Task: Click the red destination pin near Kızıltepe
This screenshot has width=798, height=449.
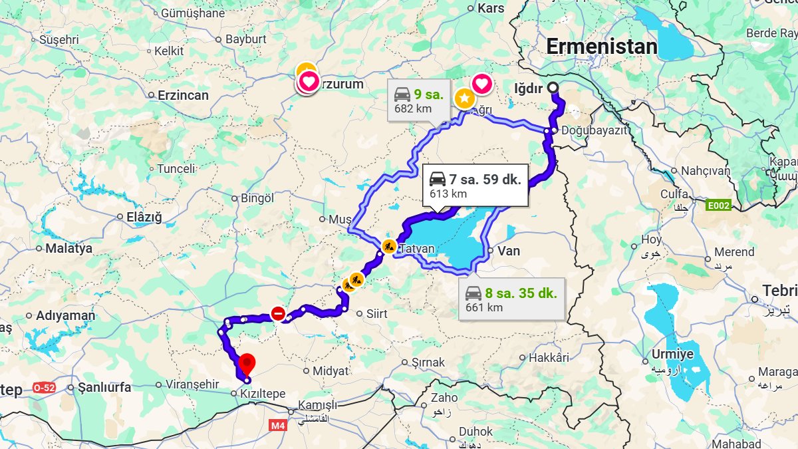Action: coord(247,364)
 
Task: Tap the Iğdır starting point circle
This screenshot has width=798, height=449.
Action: coord(553,88)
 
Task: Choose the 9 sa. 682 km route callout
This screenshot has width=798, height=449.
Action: coord(419,101)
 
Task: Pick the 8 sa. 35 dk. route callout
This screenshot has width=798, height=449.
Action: coord(511,299)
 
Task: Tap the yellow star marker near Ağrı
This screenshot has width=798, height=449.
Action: coord(464,98)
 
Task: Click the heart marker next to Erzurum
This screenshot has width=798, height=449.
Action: coord(308,82)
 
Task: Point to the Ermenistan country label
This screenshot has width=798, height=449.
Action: coord(601,47)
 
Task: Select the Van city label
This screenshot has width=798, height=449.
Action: coord(509,251)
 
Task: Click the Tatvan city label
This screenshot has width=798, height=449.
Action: coord(416,249)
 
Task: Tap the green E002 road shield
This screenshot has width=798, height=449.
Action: coord(718,206)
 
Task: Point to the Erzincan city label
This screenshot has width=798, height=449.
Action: coord(183,95)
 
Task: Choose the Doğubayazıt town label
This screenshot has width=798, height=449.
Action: coord(594,130)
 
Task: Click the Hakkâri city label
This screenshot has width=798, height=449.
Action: coord(549,358)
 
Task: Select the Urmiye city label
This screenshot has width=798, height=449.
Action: coord(672,354)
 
